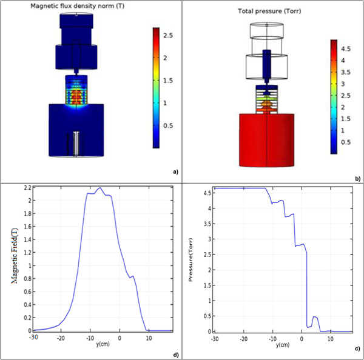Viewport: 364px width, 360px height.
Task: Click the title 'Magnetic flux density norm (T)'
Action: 76,6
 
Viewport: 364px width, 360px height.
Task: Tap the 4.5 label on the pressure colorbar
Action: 345,48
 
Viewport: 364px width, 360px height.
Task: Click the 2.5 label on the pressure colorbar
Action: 345,95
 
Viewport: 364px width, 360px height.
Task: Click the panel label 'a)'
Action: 175,172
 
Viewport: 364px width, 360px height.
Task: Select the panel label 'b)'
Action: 358,178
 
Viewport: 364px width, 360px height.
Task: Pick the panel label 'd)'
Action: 175,353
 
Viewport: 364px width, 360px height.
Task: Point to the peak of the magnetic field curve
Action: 100,188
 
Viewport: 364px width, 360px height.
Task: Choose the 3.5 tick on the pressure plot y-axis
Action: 206,224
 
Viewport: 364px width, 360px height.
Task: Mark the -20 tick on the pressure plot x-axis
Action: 243,338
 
